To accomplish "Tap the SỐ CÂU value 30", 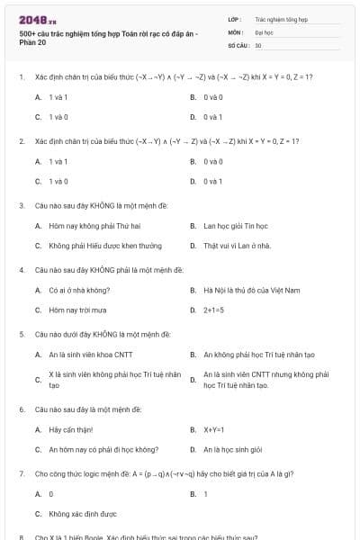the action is point(258,44).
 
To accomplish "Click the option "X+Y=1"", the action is point(213,429).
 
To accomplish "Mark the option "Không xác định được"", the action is point(83,514).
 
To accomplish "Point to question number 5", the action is point(21,334).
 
